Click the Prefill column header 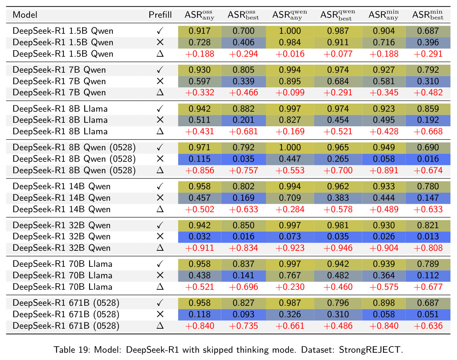[x=160, y=15]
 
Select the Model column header [x=25, y=15]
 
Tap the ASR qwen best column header [x=338, y=15]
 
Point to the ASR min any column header [x=384, y=15]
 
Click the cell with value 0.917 [x=199, y=31]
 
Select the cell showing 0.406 [x=243, y=42]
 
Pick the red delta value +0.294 [x=243, y=54]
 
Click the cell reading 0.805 [x=243, y=70]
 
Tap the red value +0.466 [x=243, y=93]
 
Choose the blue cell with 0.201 [x=243, y=120]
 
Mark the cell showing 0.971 [x=199, y=147]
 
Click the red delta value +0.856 [x=199, y=170]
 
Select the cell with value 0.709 [x=290, y=198]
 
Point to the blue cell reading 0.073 [x=290, y=237]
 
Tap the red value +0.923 [x=290, y=248]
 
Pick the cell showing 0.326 [x=290, y=314]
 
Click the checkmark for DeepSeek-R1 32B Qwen [x=160, y=225]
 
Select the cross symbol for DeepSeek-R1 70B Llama [x=160, y=275]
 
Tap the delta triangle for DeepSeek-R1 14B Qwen [x=160, y=209]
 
